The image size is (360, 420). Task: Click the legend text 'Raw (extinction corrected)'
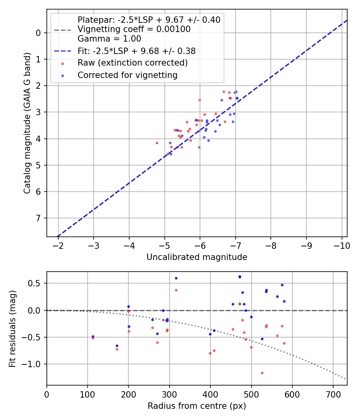click(132, 63)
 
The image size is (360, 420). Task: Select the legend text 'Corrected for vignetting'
click(128, 75)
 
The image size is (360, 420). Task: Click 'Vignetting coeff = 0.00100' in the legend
click(134, 29)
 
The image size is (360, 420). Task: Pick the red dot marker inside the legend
click(62, 63)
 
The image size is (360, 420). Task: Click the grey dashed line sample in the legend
click(62, 30)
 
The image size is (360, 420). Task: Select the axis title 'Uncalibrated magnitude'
click(197, 257)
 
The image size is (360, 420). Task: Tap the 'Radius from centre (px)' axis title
click(197, 406)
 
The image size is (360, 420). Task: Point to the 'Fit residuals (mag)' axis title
click(12, 328)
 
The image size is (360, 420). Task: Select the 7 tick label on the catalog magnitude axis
click(39, 218)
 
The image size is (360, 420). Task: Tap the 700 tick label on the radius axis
click(333, 394)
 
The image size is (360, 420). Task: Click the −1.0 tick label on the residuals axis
click(33, 364)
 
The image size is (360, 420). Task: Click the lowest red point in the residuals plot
click(262, 373)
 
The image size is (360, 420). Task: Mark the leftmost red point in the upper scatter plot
click(157, 143)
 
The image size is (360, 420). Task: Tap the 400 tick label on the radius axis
click(210, 394)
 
